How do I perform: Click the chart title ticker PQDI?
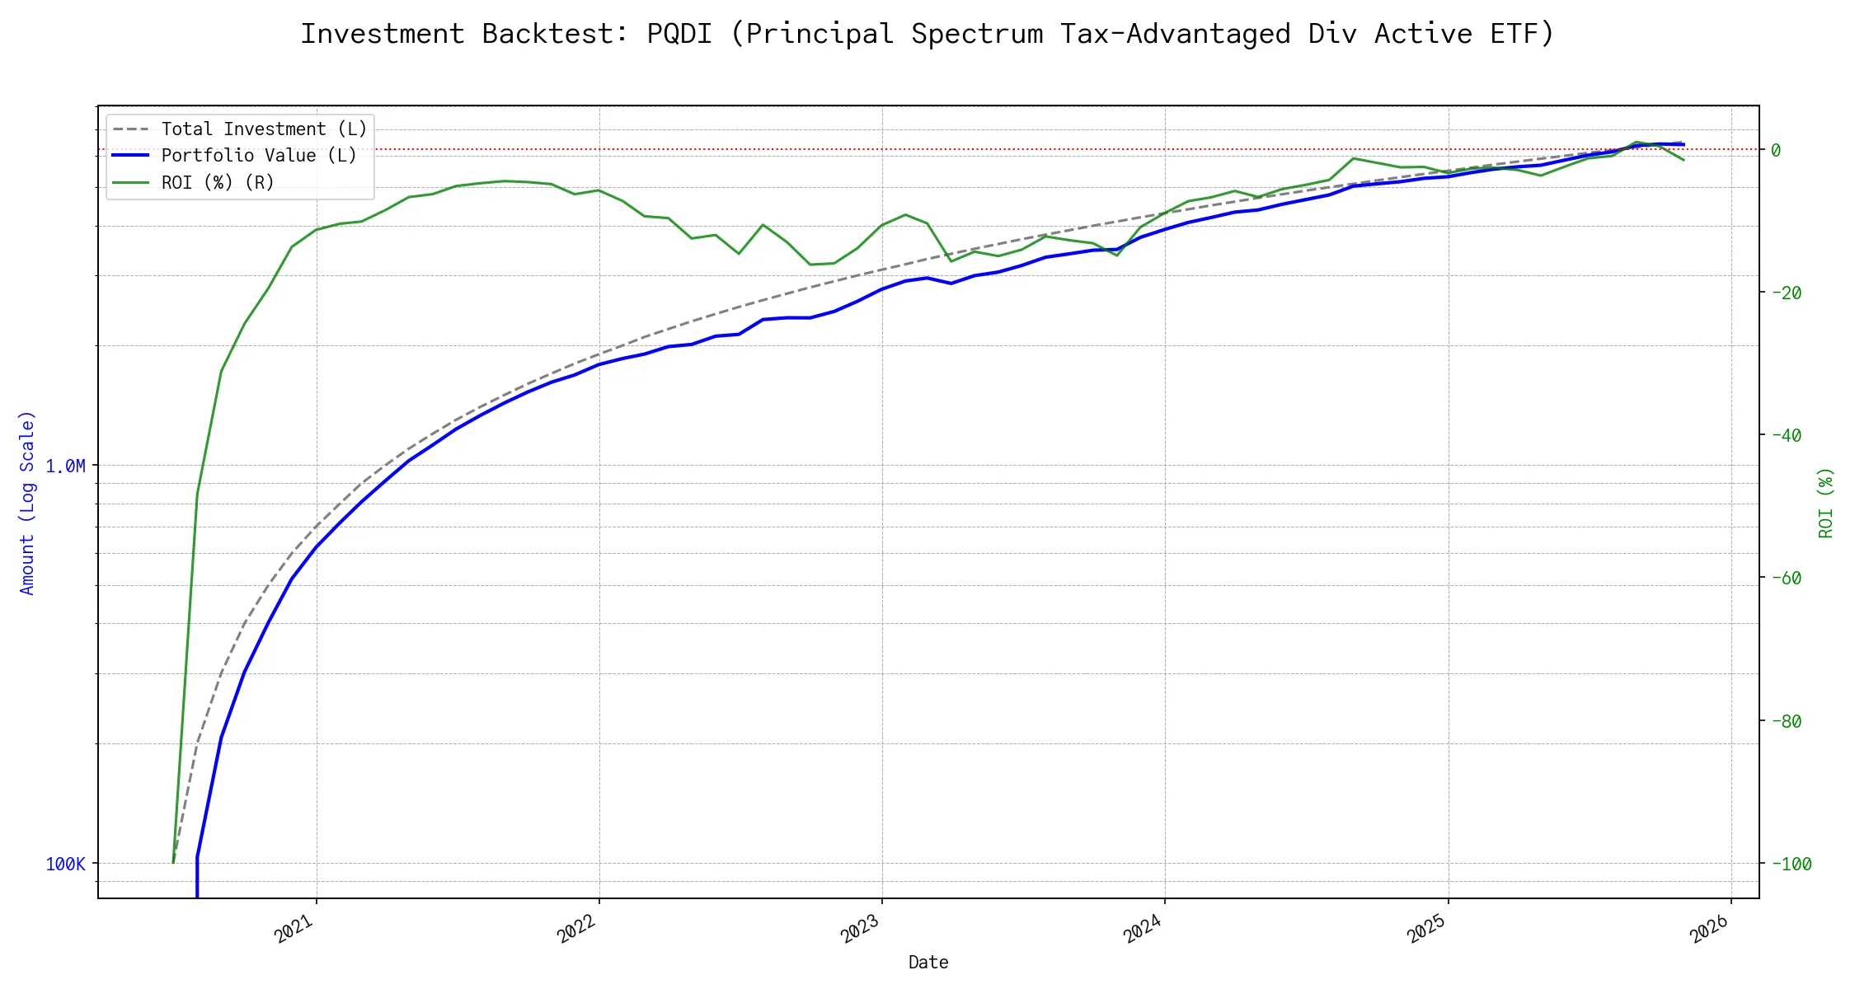click(x=679, y=34)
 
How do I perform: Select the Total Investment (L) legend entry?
click(x=264, y=129)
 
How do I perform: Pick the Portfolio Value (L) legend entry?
click(x=259, y=156)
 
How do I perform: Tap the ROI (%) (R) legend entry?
click(x=218, y=182)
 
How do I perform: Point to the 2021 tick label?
click(x=294, y=929)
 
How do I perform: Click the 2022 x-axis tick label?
click(x=577, y=929)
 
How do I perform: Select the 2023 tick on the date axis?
click(x=860, y=929)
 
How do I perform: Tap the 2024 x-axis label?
click(x=1143, y=929)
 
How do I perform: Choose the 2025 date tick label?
click(x=1426, y=929)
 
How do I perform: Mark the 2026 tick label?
click(x=1709, y=929)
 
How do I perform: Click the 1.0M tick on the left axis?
click(x=65, y=466)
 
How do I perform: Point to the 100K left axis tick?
click(x=65, y=865)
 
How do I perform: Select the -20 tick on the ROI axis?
click(x=1786, y=293)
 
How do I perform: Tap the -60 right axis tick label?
click(x=1786, y=579)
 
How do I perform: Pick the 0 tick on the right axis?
click(x=1776, y=150)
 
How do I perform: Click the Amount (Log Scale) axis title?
click(x=27, y=503)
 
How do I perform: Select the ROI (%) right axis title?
click(x=1825, y=503)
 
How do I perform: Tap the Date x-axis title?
click(x=928, y=963)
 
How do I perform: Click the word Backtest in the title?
click(x=555, y=34)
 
